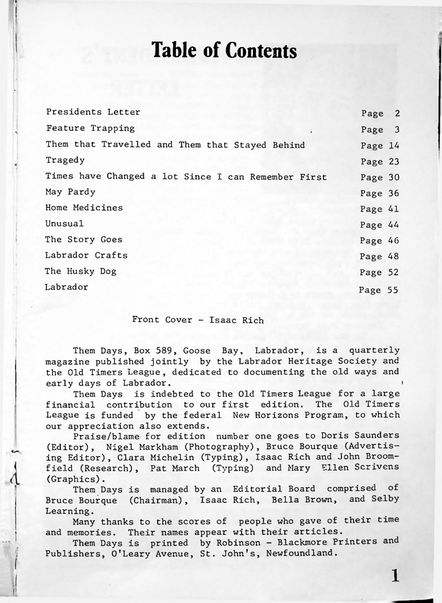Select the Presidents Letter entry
[93, 112]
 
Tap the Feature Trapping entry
[91, 127]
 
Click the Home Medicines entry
[84, 208]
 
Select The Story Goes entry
[84, 240]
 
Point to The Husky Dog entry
[82, 271]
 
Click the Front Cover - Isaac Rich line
[198, 320]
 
